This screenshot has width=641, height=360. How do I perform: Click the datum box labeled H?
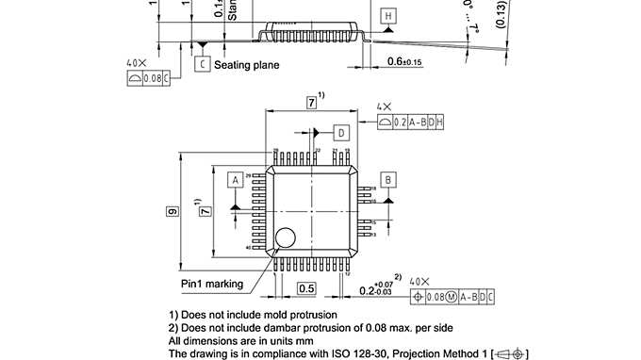[388, 16]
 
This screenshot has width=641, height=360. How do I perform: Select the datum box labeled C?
[202, 64]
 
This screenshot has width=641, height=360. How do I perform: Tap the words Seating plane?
[247, 65]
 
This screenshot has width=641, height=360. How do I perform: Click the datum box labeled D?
[340, 133]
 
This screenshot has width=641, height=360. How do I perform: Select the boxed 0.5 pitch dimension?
[305, 287]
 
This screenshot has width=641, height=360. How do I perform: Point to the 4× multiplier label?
[384, 107]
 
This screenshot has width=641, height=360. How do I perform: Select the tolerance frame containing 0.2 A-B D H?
[411, 123]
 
